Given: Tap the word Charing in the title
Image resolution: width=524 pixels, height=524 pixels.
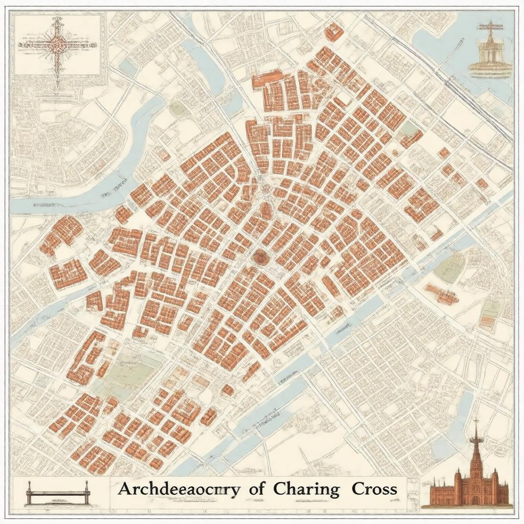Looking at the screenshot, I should tap(306, 489).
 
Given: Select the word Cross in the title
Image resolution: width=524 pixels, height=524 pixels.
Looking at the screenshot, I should tap(374, 489).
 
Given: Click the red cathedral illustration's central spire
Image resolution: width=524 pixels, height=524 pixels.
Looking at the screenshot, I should tap(476, 445).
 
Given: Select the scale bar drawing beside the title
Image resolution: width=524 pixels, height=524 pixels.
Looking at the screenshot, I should tap(58, 494).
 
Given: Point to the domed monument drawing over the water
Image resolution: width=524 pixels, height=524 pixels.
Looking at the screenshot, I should tap(490, 51).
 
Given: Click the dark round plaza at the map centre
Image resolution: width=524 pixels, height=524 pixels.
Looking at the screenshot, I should tap(260, 257).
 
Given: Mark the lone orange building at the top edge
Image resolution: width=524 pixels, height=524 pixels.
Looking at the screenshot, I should tap(333, 32).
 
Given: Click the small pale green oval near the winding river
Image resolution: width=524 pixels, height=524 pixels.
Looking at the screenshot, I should tap(177, 108).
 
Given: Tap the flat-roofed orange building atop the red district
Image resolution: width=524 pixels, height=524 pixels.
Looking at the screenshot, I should tap(267, 78).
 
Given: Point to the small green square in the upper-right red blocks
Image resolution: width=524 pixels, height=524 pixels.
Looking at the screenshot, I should tap(409, 128).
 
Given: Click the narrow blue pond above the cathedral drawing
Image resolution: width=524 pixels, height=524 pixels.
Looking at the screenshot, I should tap(463, 409).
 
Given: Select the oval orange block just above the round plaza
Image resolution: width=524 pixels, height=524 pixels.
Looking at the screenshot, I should tap(266, 210).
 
